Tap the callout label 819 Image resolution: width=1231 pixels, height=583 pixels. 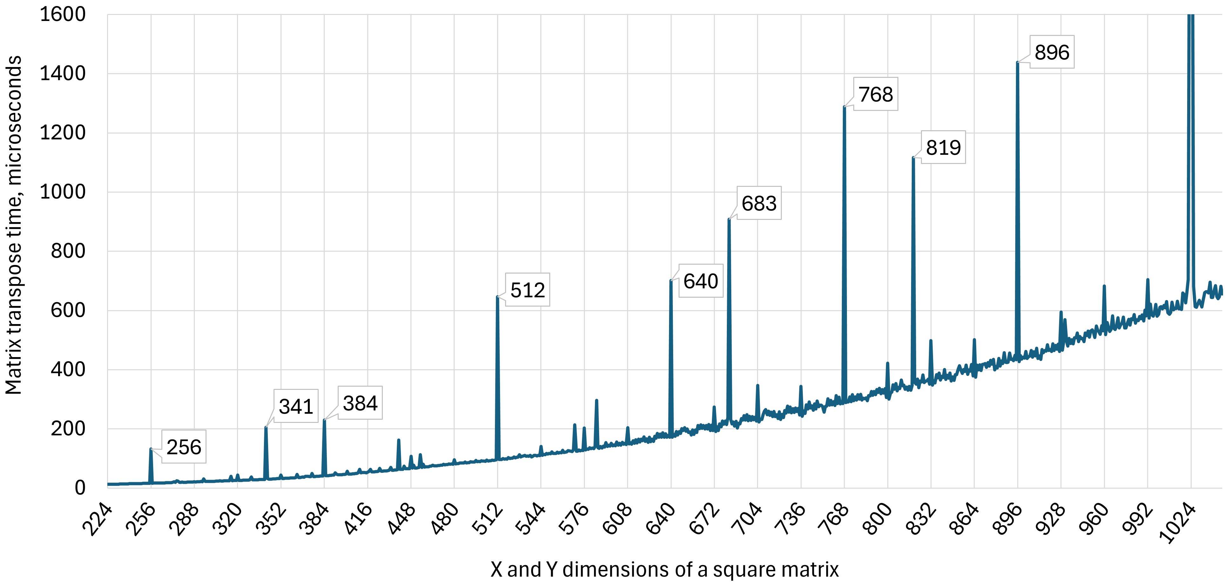coord(943,147)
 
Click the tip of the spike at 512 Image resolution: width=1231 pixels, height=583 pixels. coord(497,297)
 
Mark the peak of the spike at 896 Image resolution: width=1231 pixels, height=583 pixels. coord(1018,62)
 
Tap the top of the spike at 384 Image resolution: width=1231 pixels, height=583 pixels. coord(324,420)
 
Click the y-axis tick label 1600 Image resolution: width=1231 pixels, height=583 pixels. coord(63,14)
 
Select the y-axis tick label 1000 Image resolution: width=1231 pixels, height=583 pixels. coord(63,192)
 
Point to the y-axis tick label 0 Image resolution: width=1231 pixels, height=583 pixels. coord(80,488)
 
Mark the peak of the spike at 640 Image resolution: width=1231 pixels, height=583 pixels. coord(671,281)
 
